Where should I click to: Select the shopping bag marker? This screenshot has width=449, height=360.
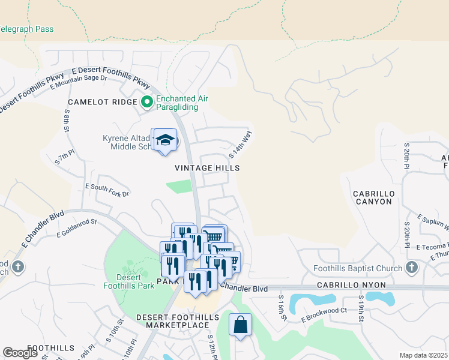pos(240,325)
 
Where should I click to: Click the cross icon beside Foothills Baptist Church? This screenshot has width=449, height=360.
pos(411,266)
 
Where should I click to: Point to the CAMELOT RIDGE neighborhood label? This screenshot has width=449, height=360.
pos(103,103)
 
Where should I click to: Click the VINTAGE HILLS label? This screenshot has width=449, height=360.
pos(207,169)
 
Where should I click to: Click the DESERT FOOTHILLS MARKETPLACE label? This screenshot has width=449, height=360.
pos(171,321)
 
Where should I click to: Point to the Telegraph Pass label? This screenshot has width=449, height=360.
pos(26,29)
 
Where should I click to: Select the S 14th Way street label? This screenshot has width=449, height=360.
pos(240,144)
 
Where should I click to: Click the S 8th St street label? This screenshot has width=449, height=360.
pos(68,121)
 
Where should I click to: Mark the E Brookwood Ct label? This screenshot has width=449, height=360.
pos(324,314)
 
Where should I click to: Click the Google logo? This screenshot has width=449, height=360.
pos(20,353)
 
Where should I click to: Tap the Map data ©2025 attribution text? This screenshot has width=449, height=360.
pos(423,355)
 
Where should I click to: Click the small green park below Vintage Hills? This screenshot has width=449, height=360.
pos(179,187)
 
